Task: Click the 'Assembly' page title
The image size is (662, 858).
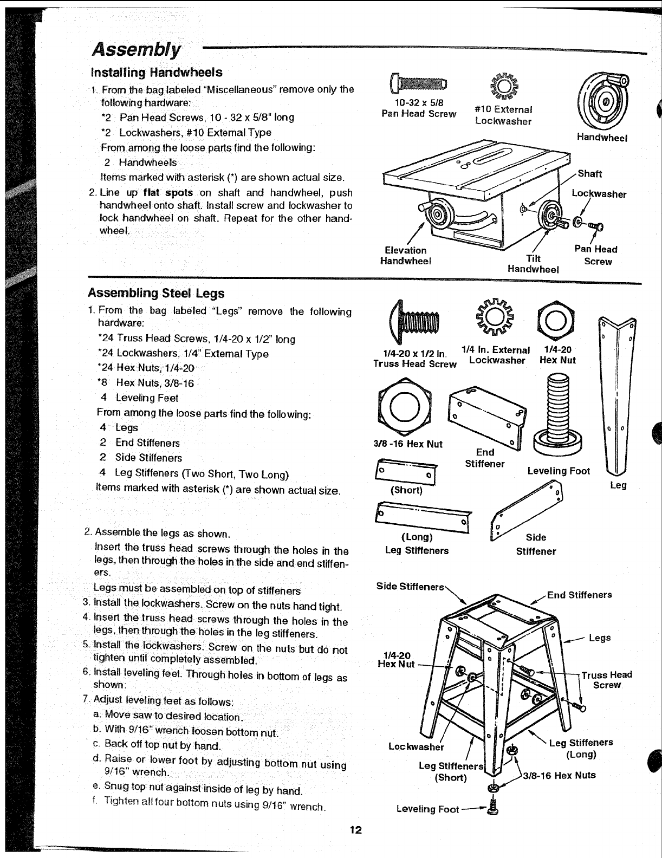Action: point(137,49)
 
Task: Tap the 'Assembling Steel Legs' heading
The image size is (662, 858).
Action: point(156,294)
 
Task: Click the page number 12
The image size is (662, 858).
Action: point(355,830)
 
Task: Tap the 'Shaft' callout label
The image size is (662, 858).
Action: point(589,174)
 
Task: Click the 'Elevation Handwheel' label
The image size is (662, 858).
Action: point(405,256)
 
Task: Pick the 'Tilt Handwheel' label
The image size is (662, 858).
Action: point(533,264)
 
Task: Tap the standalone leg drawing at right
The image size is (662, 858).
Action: point(617,395)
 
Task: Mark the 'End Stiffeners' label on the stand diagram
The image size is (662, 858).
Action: point(579,595)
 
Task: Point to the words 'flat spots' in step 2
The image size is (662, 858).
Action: point(168,193)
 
